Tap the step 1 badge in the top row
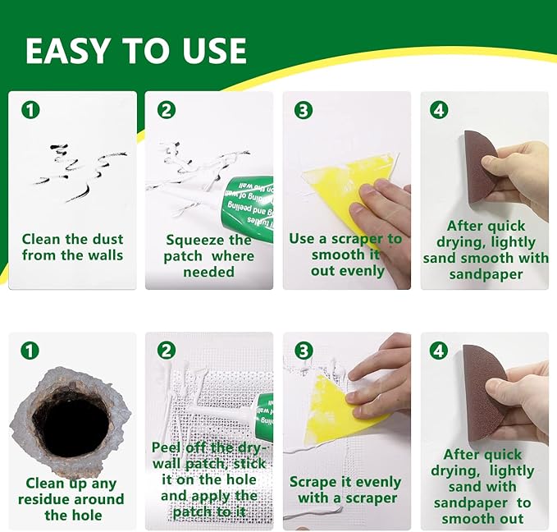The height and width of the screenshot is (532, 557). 30,109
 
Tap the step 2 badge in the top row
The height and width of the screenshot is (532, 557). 167,109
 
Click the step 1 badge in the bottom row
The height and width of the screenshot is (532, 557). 30,351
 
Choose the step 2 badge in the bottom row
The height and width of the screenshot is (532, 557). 167,351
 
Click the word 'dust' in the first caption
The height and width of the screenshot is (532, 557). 105,239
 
